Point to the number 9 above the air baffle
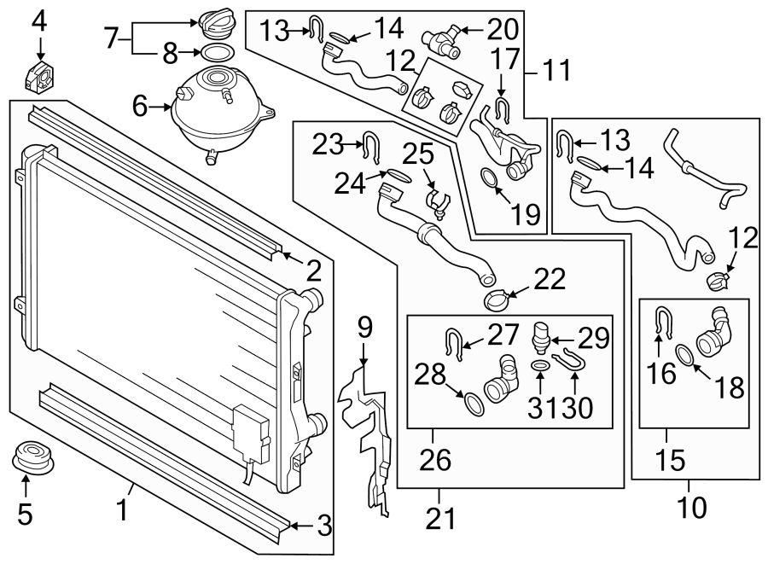tap(364, 328)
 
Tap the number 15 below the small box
tap(672, 462)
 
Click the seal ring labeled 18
tap(685, 355)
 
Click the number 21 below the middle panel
tap(441, 518)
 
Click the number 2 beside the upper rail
tap(313, 271)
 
